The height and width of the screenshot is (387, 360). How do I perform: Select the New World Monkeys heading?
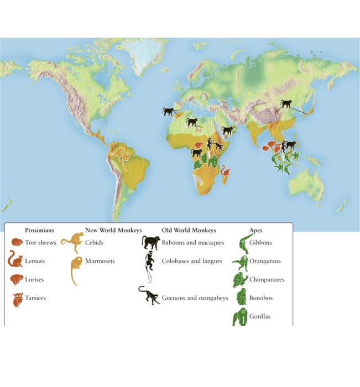pos(113,230)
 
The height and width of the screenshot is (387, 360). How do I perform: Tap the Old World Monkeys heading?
pos(189,230)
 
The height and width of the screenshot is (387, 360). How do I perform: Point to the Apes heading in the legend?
pos(257,230)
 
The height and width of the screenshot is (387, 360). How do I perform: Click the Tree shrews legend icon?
pos(17,242)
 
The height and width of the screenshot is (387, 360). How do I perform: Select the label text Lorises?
pos(34,280)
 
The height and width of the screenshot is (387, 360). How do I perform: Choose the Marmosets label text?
pos(101,261)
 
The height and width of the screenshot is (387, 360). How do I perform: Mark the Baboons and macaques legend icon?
pos(150,242)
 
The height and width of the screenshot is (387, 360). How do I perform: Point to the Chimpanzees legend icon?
pos(239,280)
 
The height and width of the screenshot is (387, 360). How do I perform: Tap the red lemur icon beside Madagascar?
pos(225,171)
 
